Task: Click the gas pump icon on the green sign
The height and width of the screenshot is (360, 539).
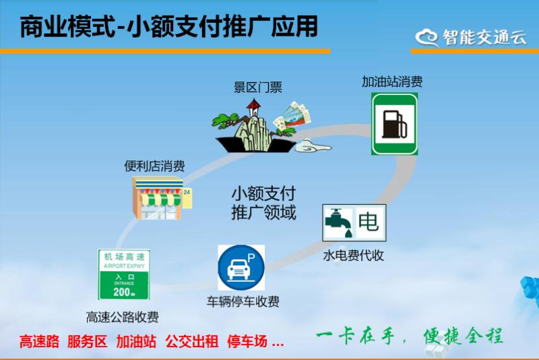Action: pos(395,124)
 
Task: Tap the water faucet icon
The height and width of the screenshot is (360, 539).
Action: pos(338,222)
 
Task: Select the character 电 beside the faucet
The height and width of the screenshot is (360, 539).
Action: pos(369,222)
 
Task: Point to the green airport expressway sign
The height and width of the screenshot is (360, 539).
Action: pos(124,274)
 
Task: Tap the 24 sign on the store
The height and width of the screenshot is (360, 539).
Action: pos(187,192)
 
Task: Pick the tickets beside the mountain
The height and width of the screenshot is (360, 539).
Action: pos(292,116)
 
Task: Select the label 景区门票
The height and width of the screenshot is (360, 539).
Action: pos(258,88)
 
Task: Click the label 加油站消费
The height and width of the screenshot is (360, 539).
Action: pos(392,82)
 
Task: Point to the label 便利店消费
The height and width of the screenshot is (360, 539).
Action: pos(154,167)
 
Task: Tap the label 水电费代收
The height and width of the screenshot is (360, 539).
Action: pos(353,256)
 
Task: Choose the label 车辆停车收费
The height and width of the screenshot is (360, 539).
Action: pos(243,301)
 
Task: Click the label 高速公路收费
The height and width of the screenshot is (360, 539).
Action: pos(123,317)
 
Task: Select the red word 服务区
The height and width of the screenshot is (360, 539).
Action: pos(88,341)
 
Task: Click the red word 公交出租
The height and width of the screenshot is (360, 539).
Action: pos(192,341)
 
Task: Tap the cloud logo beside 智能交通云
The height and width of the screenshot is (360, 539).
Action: pos(426,38)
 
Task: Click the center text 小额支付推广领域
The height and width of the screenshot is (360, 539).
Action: pos(263,203)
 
